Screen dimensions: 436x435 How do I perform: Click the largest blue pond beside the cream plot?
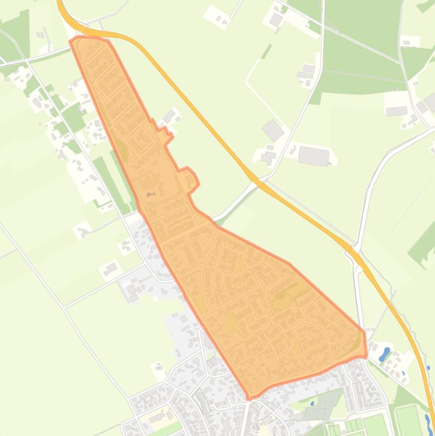point(385,354)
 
